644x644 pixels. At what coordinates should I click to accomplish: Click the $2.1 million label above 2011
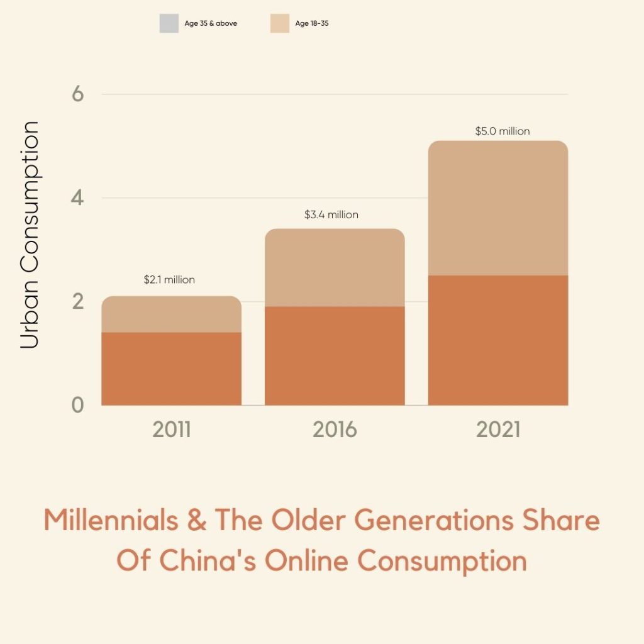(169, 280)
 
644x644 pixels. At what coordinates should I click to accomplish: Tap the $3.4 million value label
(331, 214)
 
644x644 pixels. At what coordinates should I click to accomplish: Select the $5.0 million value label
(502, 131)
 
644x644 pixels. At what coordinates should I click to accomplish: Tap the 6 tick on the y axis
(78, 94)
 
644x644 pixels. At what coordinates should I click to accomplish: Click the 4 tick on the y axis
(78, 198)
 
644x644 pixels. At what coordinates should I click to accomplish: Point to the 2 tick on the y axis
(78, 302)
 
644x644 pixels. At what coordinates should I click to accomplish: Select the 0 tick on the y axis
(78, 405)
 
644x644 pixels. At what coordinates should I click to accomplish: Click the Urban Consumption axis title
(30, 235)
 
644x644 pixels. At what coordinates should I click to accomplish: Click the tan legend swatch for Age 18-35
(280, 24)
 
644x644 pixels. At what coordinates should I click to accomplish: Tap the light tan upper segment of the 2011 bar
(171, 314)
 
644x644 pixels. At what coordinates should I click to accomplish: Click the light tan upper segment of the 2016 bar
(335, 268)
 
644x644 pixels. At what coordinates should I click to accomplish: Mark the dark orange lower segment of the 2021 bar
(498, 340)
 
